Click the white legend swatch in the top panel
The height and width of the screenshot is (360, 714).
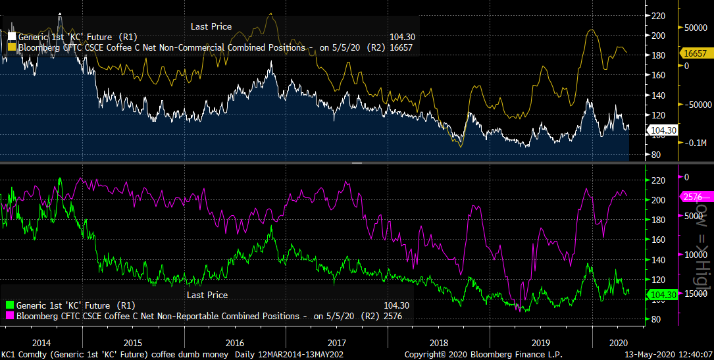(12, 37)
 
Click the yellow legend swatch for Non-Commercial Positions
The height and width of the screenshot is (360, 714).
(12, 48)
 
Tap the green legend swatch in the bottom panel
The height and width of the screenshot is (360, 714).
(9, 305)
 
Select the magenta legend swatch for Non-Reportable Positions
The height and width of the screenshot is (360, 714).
(9, 317)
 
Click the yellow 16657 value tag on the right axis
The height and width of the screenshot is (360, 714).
(695, 53)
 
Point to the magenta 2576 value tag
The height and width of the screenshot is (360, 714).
(693, 197)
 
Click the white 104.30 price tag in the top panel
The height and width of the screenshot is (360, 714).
(663, 130)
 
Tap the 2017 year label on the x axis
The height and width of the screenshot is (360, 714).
(336, 343)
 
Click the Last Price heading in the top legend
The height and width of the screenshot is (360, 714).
(211, 26)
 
